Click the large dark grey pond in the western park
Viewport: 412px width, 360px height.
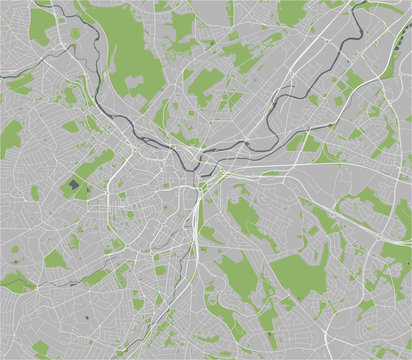coord(75,185)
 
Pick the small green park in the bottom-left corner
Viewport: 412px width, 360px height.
coord(40,349)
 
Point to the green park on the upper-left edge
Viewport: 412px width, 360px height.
coord(9,136)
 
